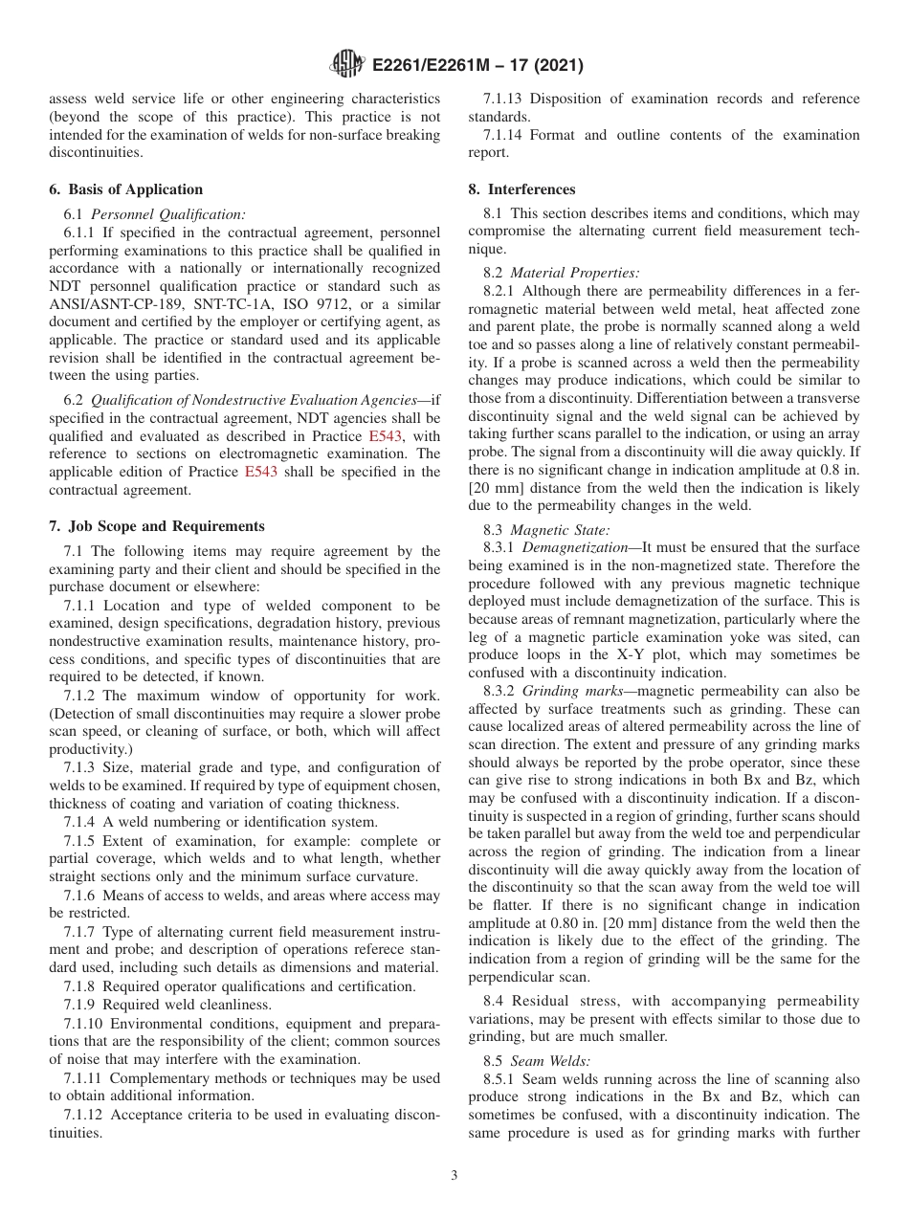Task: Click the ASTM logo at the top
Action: click(346, 65)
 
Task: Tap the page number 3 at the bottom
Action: click(454, 1175)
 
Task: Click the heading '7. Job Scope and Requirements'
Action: click(157, 526)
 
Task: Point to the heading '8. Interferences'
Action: click(521, 189)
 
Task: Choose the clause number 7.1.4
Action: click(81, 822)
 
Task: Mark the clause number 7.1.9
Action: click(81, 1005)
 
